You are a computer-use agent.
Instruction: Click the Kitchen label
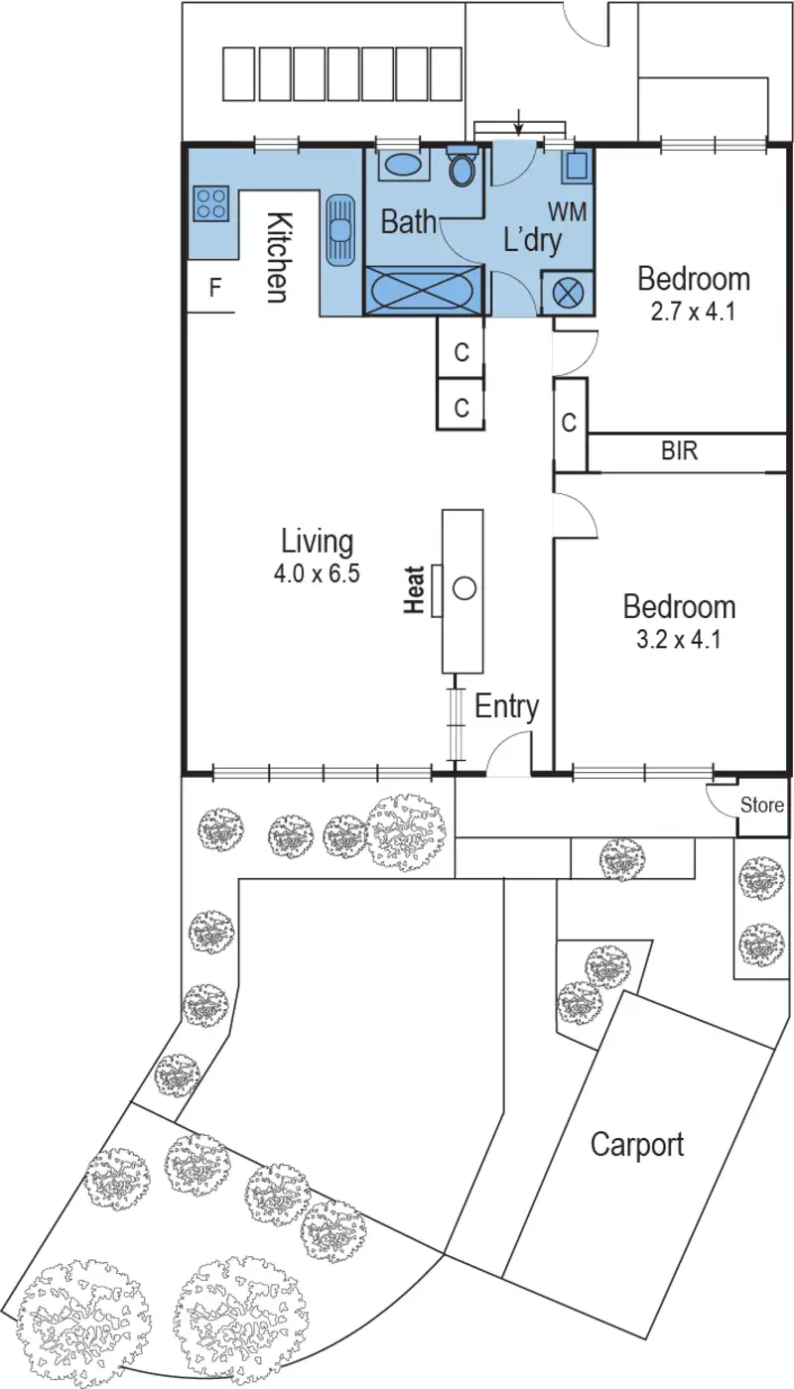[x=278, y=257]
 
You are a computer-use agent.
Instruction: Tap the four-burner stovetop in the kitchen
[x=210, y=203]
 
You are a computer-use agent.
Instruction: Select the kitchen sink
[x=340, y=229]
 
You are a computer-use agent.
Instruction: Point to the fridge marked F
[x=213, y=289]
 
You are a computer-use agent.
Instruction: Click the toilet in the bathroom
[x=462, y=169]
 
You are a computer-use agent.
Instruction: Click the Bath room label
[x=409, y=222]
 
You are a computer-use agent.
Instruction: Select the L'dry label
[x=532, y=240]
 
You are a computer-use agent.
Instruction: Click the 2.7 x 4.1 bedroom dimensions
[x=694, y=311]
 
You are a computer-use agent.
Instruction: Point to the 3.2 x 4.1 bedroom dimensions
[x=679, y=639]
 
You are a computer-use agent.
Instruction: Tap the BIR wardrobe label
[x=680, y=451]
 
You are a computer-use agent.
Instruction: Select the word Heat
[x=415, y=589]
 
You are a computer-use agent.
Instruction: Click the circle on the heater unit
[x=464, y=588]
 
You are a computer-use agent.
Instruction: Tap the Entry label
[x=506, y=706]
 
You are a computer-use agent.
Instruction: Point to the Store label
[x=762, y=806]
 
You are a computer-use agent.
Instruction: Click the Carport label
[x=637, y=1144]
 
